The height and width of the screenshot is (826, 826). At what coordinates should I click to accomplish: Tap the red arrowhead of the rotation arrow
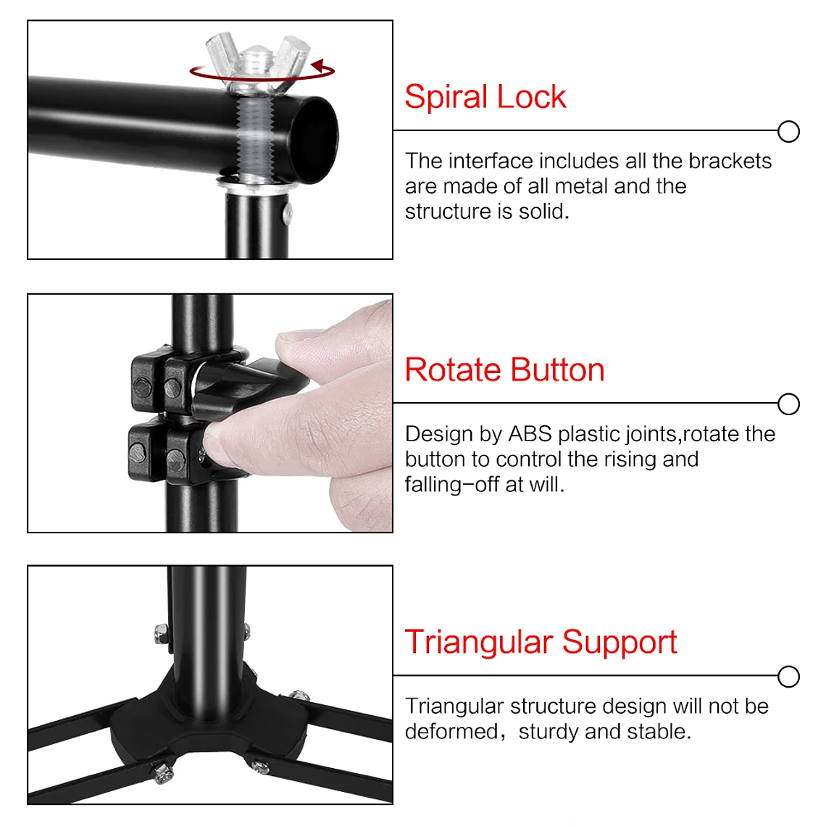coord(317,67)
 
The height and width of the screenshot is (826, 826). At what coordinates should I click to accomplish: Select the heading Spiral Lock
coord(485,97)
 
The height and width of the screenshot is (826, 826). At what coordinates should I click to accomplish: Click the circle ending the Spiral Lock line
coord(788,132)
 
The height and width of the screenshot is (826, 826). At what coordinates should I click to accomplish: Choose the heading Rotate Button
coord(504,370)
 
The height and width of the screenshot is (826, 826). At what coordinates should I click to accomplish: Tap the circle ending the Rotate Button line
coord(788,404)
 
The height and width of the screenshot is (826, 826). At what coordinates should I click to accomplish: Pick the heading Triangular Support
coord(541,643)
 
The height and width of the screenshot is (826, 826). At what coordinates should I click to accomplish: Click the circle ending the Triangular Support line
coord(788,677)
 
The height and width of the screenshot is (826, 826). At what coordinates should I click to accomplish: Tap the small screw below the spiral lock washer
coord(288,212)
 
